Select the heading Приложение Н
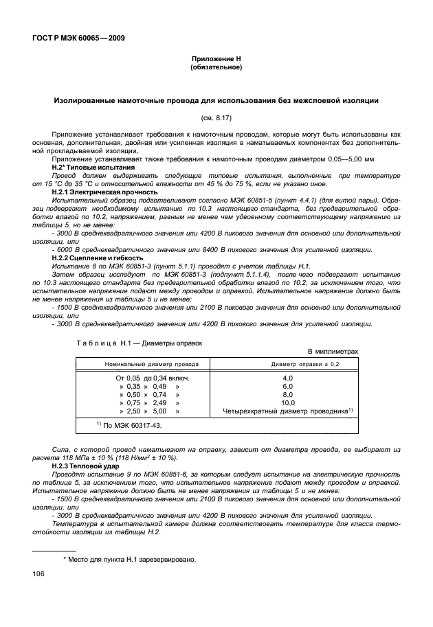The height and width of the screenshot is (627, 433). point(217,60)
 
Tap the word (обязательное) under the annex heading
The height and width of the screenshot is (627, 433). point(217,68)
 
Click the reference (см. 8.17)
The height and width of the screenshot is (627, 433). point(217,118)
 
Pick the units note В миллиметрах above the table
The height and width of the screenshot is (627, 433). point(333,350)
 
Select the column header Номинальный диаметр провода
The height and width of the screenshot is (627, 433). point(142,363)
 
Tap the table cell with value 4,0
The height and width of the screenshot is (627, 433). point(287,378)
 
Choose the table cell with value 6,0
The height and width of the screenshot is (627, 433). point(287,387)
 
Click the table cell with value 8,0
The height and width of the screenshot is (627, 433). point(287,395)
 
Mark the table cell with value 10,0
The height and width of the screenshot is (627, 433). point(287,403)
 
